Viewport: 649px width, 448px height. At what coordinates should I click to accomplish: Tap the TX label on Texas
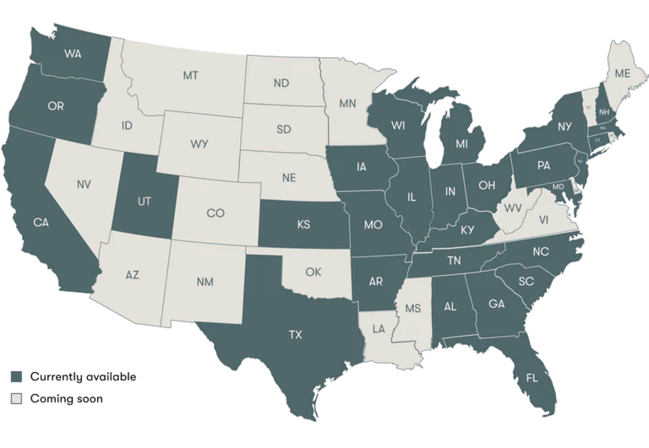click(x=295, y=334)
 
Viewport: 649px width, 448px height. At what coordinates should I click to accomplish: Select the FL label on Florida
click(x=532, y=378)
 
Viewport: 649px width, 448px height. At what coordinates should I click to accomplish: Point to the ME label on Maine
click(x=622, y=73)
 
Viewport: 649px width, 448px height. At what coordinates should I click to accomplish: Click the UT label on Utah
click(x=144, y=202)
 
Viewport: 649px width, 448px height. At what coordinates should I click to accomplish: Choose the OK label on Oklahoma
click(x=313, y=272)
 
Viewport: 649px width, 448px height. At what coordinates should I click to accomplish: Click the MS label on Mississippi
click(x=413, y=308)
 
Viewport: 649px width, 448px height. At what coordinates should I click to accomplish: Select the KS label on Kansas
click(x=304, y=225)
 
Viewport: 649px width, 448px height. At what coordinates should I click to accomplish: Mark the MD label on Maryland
click(x=558, y=187)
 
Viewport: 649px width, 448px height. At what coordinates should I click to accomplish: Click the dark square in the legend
click(x=17, y=376)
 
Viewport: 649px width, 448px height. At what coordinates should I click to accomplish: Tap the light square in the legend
click(x=17, y=398)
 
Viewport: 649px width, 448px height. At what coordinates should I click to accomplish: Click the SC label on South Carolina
click(x=526, y=282)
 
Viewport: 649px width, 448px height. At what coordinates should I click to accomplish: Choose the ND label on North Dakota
click(x=281, y=83)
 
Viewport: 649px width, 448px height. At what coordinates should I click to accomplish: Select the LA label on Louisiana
click(x=378, y=329)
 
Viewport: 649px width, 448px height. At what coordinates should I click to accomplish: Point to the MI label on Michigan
click(x=462, y=144)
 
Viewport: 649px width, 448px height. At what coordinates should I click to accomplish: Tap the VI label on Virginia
click(x=544, y=220)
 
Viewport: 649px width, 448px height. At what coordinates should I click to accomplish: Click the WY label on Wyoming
click(x=199, y=144)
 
